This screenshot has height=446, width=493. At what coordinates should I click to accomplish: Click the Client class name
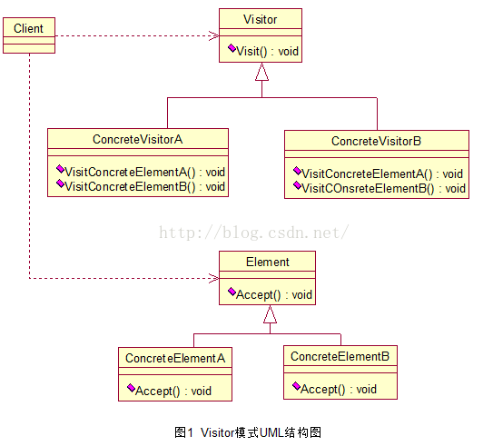coord(28,28)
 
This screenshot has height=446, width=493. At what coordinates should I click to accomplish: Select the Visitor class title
coord(260,19)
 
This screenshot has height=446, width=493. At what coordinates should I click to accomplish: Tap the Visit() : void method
coord(267,51)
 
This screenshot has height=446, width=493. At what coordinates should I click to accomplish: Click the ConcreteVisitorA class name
coord(137,139)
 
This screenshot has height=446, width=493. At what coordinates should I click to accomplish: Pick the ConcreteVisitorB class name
coord(376,141)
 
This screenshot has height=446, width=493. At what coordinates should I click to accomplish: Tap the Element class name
coord(267,262)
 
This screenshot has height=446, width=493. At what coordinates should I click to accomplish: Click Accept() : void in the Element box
coord(274,294)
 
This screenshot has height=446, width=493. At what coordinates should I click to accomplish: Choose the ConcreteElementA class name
coord(175,358)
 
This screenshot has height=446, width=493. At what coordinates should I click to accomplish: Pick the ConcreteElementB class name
coord(340,356)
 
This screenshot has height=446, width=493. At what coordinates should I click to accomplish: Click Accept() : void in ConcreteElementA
coord(173,391)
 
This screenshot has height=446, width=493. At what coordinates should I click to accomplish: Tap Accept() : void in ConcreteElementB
coord(339,389)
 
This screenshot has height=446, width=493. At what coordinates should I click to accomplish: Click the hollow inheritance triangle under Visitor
coord(261,72)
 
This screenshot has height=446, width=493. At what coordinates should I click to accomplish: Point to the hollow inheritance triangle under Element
coord(270,314)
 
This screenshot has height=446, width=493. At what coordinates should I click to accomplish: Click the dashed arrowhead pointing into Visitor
coord(214,35)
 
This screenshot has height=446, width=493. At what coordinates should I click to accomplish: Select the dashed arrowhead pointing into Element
coord(214,278)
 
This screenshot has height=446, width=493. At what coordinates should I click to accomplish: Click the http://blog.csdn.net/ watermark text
coord(254,233)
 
